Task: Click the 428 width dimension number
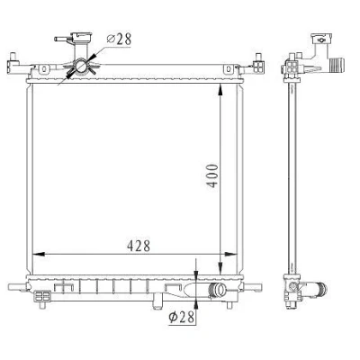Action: click(x=139, y=246)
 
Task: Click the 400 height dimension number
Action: click(x=212, y=175)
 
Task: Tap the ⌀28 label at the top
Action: click(x=119, y=39)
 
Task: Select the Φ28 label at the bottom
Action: click(x=182, y=317)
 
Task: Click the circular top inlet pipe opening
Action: click(x=81, y=66)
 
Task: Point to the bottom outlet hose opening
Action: click(x=221, y=291)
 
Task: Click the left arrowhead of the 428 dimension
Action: click(x=38, y=254)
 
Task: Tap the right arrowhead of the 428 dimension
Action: click(x=230, y=254)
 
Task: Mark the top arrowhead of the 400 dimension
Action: click(x=220, y=90)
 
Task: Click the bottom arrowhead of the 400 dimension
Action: click(x=220, y=268)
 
